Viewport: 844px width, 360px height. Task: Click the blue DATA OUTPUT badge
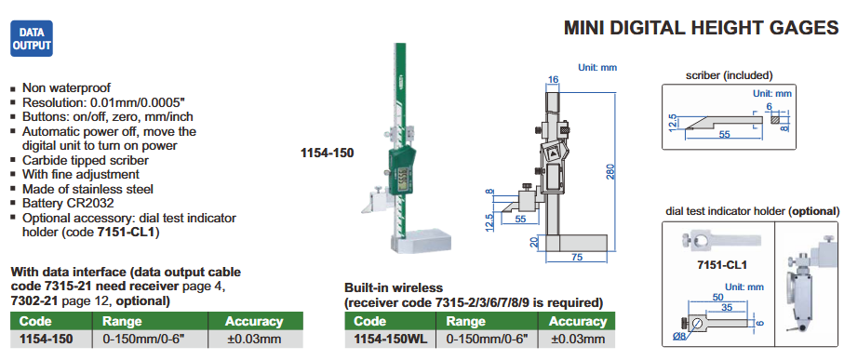[x=32, y=38]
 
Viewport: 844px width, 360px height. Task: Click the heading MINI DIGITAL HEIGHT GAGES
[x=701, y=28]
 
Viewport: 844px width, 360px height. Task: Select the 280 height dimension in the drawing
[x=610, y=170]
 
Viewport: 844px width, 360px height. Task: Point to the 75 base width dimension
[x=577, y=258]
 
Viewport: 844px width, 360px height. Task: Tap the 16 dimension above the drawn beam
[x=553, y=80]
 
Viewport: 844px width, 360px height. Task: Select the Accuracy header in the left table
[x=254, y=322]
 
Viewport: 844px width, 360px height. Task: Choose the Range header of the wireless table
[x=467, y=322]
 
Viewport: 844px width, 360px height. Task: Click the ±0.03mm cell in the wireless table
[x=578, y=339]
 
